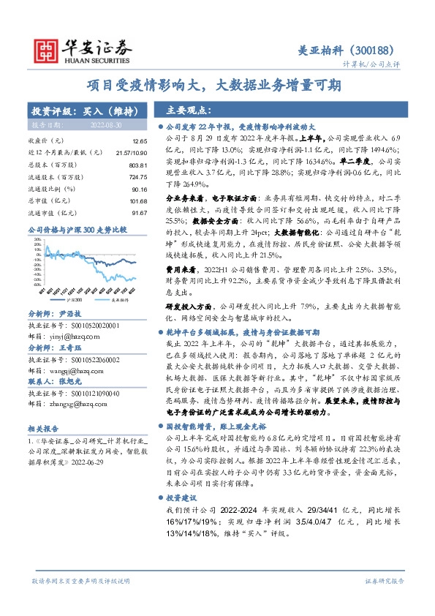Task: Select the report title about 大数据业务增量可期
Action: [x=219, y=85]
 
